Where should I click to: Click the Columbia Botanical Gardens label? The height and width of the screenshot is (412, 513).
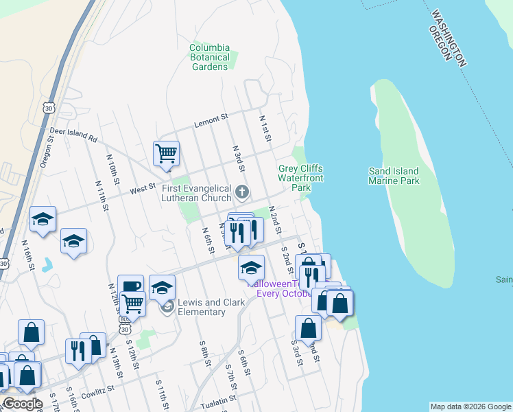point(210,58)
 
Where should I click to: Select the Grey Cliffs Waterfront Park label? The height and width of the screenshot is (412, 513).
point(300,178)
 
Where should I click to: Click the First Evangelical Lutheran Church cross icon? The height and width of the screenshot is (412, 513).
point(241,191)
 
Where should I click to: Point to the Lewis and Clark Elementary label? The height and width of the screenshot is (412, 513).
point(202,307)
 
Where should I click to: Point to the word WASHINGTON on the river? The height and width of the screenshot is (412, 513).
point(449,38)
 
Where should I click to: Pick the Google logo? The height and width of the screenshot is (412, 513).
point(23,404)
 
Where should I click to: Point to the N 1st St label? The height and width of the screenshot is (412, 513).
point(265,128)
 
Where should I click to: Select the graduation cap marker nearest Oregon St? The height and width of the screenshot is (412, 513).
point(43,220)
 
